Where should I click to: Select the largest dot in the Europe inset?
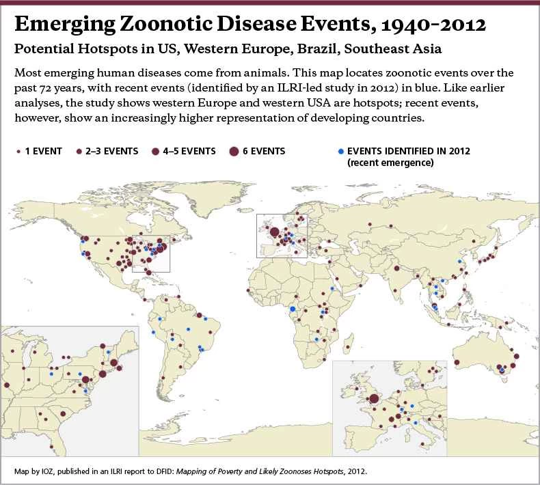(373, 400)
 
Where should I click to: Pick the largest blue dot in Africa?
(293, 309)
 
